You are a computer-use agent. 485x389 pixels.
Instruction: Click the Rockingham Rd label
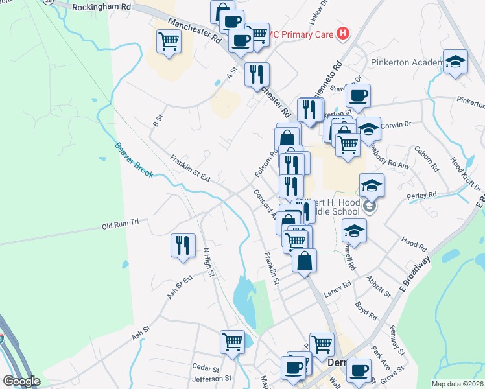pos(101,7)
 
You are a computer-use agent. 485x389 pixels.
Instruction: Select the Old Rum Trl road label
pos(121,225)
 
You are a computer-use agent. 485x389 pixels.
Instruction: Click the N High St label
pos(208,263)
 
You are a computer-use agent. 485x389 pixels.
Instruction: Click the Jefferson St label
pos(211,378)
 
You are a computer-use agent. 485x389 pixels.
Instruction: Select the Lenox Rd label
pos(337,287)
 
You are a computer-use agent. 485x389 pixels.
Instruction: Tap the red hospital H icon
pos(344,34)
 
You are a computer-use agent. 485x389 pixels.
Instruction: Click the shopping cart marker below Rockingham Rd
pos(169,42)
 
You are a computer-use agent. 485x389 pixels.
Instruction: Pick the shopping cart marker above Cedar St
pos(232,341)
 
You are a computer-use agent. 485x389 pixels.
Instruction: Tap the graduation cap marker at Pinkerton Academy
pos(455,62)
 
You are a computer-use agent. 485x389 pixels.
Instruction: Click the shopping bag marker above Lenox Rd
pos(304,261)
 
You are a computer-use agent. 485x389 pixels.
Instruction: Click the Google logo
pos(21,381)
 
